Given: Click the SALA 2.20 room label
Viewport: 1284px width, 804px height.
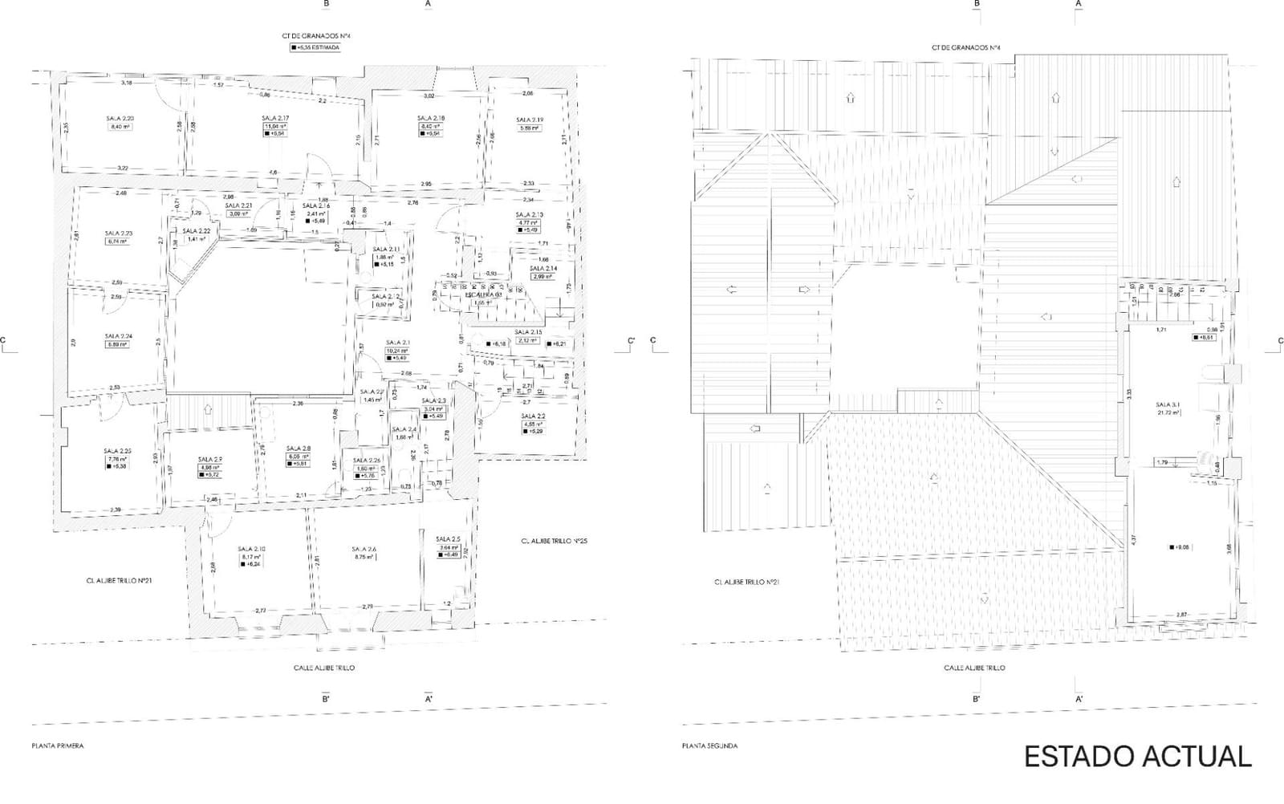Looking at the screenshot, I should pos(120,118).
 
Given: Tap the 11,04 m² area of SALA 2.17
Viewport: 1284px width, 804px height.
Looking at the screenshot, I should pos(275,126).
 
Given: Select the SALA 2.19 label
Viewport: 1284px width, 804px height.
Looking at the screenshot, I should pos(530,120).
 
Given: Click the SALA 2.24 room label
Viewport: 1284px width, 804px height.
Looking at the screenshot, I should pos(118,336).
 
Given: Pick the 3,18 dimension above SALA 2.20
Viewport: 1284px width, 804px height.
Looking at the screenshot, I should pos(127,83).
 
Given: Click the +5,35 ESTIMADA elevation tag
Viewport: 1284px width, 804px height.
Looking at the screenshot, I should pos(316,47).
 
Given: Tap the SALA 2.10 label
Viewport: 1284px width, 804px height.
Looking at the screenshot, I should pos(251,549).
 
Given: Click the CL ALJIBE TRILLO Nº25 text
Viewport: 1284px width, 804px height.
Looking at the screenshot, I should pos(554,541).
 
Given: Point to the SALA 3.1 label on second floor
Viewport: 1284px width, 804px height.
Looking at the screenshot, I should pos(1168,404).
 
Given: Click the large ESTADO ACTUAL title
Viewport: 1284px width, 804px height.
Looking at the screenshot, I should pos(1137,756).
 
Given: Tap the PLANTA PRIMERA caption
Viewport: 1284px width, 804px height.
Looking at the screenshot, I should pos(57,745).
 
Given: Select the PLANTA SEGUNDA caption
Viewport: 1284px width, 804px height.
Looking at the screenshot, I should pos(709,745).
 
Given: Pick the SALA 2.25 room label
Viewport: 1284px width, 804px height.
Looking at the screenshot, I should pos(118,450).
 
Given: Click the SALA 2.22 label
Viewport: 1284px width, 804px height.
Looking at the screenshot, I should pos(197,230).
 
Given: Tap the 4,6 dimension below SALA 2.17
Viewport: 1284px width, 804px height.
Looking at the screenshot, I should pos(273,173).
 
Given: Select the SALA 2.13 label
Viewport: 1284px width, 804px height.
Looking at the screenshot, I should pos(529,214).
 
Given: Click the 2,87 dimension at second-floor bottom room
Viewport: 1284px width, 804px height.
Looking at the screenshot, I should pos(1181,615).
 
